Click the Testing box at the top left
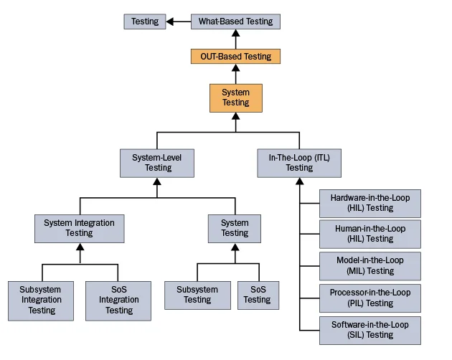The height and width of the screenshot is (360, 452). click(145, 22)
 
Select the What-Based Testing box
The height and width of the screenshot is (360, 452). click(235, 22)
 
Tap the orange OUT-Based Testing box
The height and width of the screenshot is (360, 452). click(235, 56)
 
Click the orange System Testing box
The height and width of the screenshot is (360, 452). click(235, 98)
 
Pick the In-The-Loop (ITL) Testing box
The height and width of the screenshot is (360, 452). click(299, 163)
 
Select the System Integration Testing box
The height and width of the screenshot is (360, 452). click(79, 228)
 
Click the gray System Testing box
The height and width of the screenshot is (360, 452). click(234, 228)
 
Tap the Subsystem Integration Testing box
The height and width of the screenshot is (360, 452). click(42, 300)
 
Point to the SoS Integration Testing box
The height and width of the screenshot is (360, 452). click(118, 300)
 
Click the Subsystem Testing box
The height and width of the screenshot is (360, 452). click(197, 295)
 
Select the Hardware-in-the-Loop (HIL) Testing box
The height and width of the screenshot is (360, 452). click(369, 202)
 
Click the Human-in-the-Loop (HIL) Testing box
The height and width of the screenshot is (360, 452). click(369, 234)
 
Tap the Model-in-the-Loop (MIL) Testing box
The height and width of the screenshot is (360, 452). click(369, 266)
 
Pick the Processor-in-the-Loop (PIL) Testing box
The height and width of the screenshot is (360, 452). click(369, 298)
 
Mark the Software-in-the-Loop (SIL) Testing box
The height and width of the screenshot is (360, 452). click(369, 330)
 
